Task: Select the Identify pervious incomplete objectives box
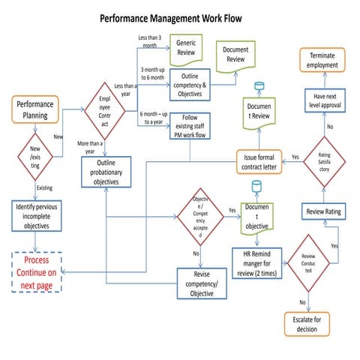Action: pos(37,214)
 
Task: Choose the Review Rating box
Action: pos(323,212)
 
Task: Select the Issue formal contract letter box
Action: pos(258,162)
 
